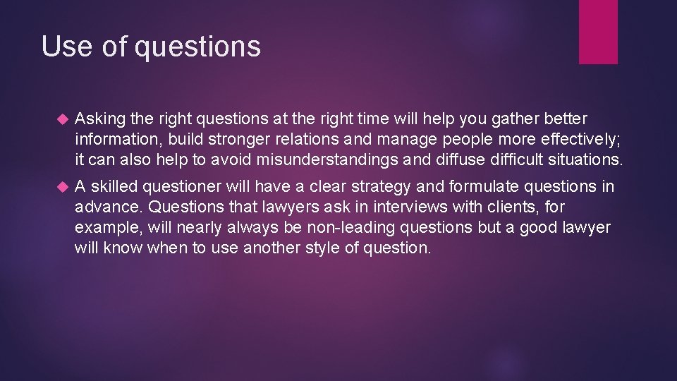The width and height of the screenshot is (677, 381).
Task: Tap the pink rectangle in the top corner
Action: pos(598,32)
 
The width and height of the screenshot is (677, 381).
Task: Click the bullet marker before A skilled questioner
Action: pos(60,187)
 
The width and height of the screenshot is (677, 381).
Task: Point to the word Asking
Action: pos(98,119)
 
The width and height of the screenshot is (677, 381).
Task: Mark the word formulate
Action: pos(496,187)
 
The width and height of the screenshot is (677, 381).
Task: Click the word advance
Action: pos(105,207)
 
